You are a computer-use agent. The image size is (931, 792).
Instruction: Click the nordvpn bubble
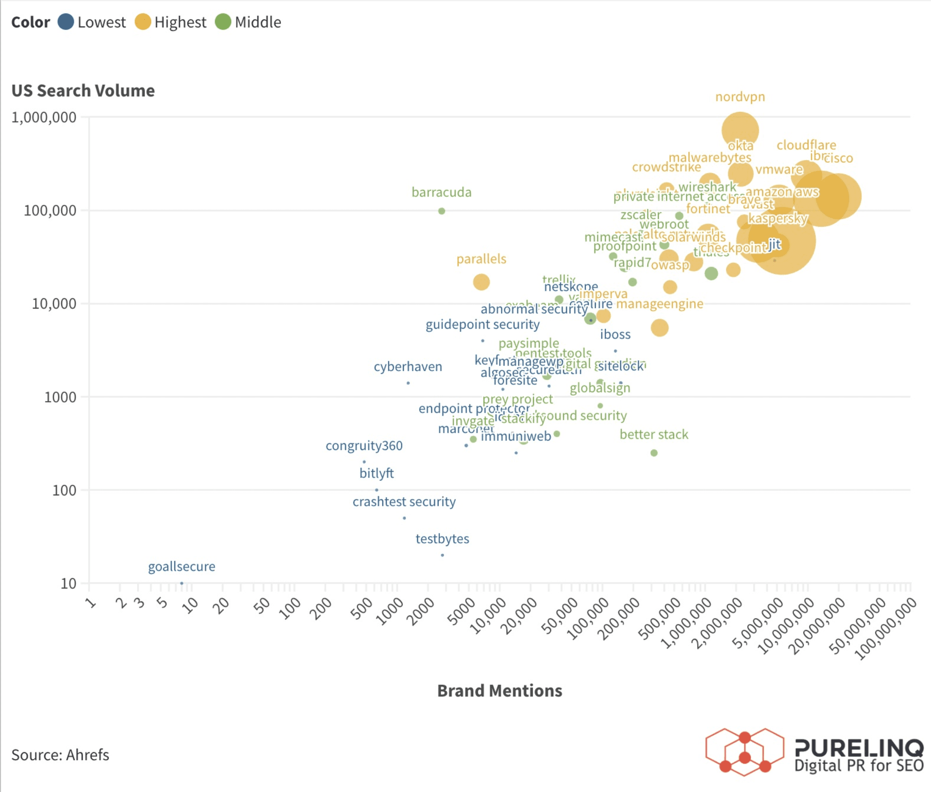click(740, 131)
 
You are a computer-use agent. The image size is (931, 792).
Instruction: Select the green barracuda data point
click(442, 211)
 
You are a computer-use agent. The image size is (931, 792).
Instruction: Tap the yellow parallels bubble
click(481, 282)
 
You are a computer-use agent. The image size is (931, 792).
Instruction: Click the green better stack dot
click(654, 453)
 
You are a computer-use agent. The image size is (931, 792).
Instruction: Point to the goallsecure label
click(181, 566)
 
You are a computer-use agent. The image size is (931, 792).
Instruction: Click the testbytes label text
click(442, 538)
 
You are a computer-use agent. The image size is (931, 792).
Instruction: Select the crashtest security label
click(404, 501)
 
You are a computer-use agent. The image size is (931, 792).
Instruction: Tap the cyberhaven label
click(407, 366)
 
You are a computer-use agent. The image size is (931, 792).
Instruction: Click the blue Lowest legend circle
click(66, 21)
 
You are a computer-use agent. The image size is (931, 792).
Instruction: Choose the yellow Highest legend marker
click(143, 21)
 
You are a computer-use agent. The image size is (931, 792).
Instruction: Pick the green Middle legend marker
click(223, 21)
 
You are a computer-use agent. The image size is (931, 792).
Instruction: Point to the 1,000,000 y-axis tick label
click(44, 117)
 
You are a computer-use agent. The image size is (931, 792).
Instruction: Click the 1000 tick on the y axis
click(60, 397)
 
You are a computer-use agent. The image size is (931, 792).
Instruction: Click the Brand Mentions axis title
click(499, 690)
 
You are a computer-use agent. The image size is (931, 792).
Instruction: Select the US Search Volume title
click(83, 91)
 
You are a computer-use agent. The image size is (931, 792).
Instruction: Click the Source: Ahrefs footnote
click(60, 755)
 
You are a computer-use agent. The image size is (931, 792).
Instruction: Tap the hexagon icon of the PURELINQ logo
click(744, 752)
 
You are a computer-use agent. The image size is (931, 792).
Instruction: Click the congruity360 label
click(364, 445)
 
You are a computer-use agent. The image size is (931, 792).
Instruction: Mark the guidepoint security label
click(482, 324)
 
